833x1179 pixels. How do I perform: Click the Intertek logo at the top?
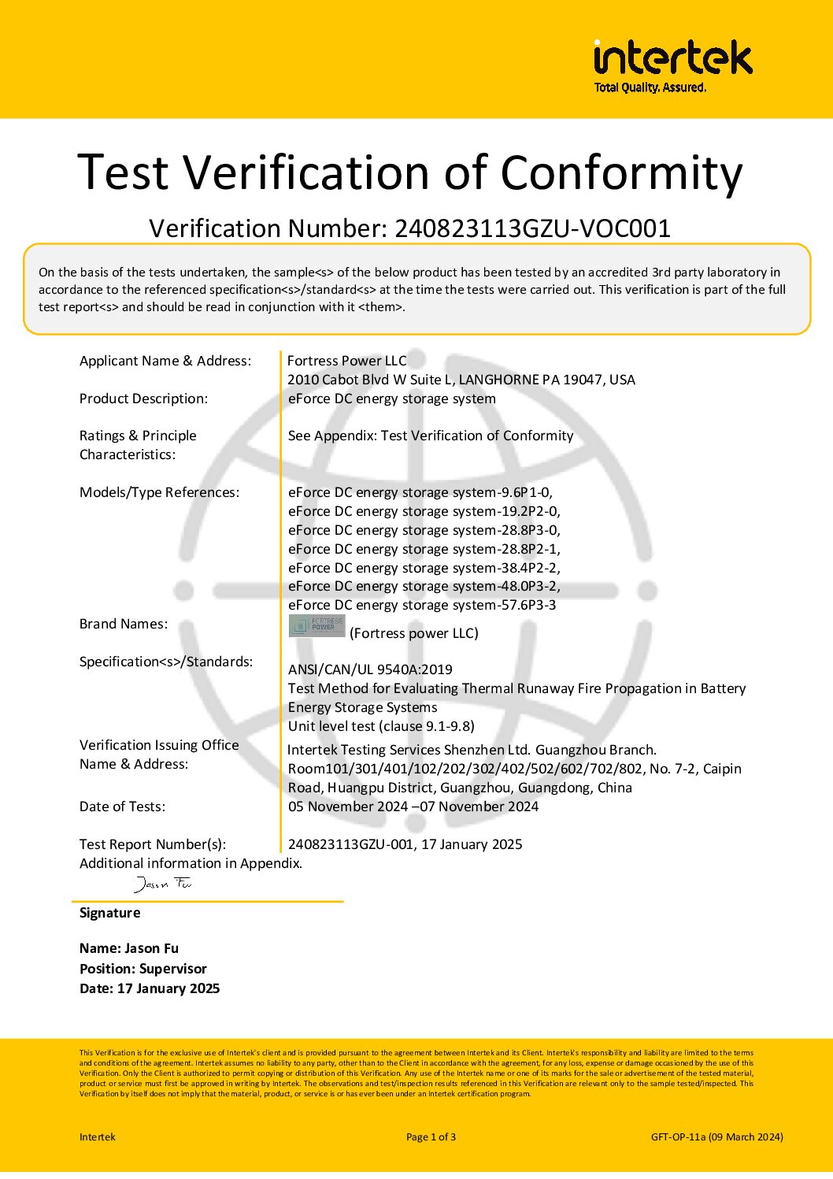(673, 59)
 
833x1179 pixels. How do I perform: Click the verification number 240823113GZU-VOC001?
(532, 228)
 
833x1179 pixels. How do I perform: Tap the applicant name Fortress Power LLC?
(346, 361)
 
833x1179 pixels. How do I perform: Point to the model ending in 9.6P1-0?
(420, 492)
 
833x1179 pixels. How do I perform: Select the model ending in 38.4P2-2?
(424, 568)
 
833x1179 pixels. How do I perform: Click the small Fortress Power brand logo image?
(317, 627)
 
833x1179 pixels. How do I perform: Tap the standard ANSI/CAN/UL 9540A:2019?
(370, 669)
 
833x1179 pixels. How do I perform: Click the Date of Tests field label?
(122, 806)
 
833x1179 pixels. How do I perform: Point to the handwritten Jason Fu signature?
(163, 884)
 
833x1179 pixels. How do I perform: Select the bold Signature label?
(109, 913)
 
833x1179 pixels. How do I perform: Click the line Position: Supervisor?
(143, 969)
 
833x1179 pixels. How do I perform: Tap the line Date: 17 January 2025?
(150, 988)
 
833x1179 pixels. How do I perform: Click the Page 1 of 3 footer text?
(431, 1136)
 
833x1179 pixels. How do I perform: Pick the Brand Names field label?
(124, 624)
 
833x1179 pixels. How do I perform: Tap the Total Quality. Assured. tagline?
(650, 87)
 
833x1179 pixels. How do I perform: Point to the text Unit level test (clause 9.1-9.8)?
(381, 726)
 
